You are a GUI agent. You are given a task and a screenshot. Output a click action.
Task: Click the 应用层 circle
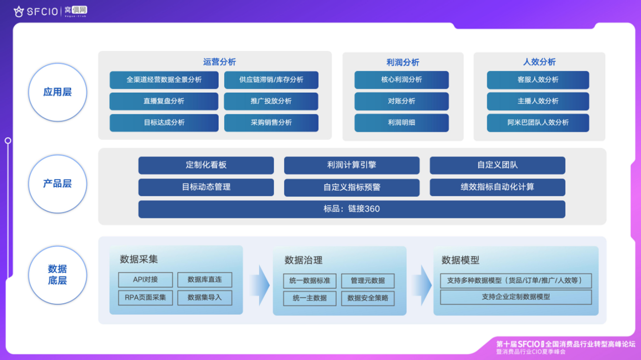pyautogui.click(x=57, y=93)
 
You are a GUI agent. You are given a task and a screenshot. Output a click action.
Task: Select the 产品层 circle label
pyautogui.click(x=57, y=184)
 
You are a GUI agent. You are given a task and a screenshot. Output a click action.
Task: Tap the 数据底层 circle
pyautogui.click(x=57, y=275)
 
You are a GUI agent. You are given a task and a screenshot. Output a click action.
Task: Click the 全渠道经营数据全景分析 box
pyautogui.click(x=164, y=80)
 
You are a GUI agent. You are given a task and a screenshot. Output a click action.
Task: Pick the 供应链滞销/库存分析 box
pyautogui.click(x=271, y=80)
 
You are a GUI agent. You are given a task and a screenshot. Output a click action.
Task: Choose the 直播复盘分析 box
pyautogui.click(x=164, y=101)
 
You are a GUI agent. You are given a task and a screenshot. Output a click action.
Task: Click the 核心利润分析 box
pyautogui.click(x=402, y=80)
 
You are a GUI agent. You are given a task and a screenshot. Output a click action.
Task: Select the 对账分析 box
pyautogui.click(x=402, y=101)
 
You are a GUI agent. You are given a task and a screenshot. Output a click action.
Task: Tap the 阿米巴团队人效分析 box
pyautogui.click(x=538, y=123)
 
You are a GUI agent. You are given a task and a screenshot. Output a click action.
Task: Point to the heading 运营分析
pyautogui.click(x=219, y=62)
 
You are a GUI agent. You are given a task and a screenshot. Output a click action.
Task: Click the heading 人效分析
pyautogui.click(x=539, y=62)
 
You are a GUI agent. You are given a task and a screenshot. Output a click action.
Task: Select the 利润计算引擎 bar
pyautogui.click(x=352, y=166)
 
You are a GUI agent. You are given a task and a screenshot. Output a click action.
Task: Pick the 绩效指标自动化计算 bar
pyautogui.click(x=497, y=187)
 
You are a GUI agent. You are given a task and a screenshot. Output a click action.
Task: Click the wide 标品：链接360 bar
pyautogui.click(x=352, y=209)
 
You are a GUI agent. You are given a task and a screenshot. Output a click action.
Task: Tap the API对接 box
pyautogui.click(x=145, y=279)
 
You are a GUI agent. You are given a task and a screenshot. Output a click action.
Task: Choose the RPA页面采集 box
pyautogui.click(x=145, y=297)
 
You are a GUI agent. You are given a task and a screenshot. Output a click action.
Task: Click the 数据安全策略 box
pyautogui.click(x=368, y=298)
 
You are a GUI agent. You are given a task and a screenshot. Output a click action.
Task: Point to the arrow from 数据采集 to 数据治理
pyautogui.click(x=260, y=280)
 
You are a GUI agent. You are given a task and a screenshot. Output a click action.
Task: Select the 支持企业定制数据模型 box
pyautogui.click(x=515, y=297)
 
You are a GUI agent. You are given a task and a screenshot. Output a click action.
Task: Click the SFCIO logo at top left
pyautogui.click(x=35, y=10)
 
